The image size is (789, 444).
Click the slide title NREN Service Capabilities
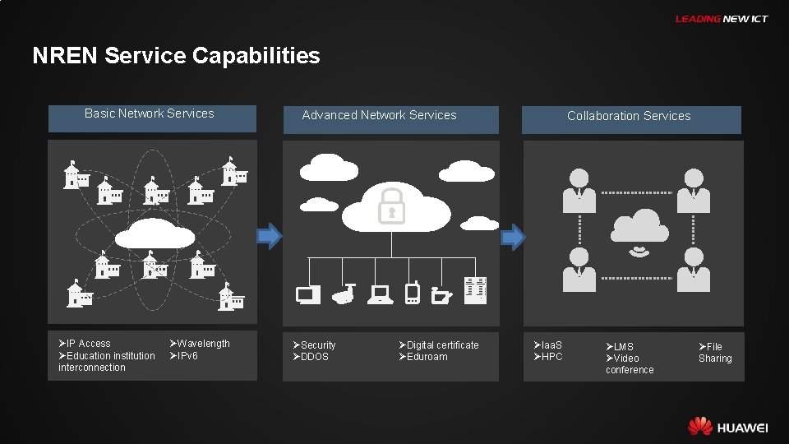(x=176, y=56)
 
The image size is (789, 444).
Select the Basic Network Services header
(x=150, y=114)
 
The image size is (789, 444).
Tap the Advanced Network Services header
(x=379, y=116)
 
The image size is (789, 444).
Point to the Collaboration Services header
(x=629, y=117)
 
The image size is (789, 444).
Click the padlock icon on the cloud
(x=391, y=206)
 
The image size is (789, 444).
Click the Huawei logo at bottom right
(x=727, y=427)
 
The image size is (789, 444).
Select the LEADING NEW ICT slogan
(x=721, y=19)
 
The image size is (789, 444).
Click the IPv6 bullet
(x=184, y=356)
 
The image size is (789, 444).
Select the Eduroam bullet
(x=424, y=357)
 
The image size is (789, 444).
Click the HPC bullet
(x=548, y=357)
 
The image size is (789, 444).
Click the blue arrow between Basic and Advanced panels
(x=270, y=237)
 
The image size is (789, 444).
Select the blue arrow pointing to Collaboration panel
(x=514, y=238)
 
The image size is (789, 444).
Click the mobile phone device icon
(x=413, y=292)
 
